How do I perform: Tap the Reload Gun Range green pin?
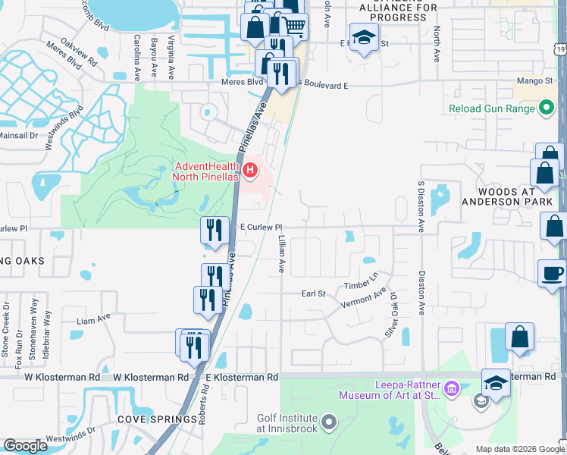pyautogui.click(x=547, y=109)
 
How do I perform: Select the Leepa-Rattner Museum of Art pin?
pyautogui.click(x=453, y=389)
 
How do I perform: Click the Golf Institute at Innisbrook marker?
pyautogui.click(x=329, y=420)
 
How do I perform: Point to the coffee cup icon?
pyautogui.click(x=552, y=273)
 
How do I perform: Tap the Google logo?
pyautogui.click(x=25, y=446)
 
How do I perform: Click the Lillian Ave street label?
pyautogui.click(x=281, y=254)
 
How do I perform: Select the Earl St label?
pyautogui.click(x=313, y=293)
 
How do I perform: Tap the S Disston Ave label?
pyautogui.click(x=419, y=206)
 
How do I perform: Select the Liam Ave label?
pyautogui.click(x=93, y=320)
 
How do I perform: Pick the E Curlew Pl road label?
pyautogui.click(x=261, y=227)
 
